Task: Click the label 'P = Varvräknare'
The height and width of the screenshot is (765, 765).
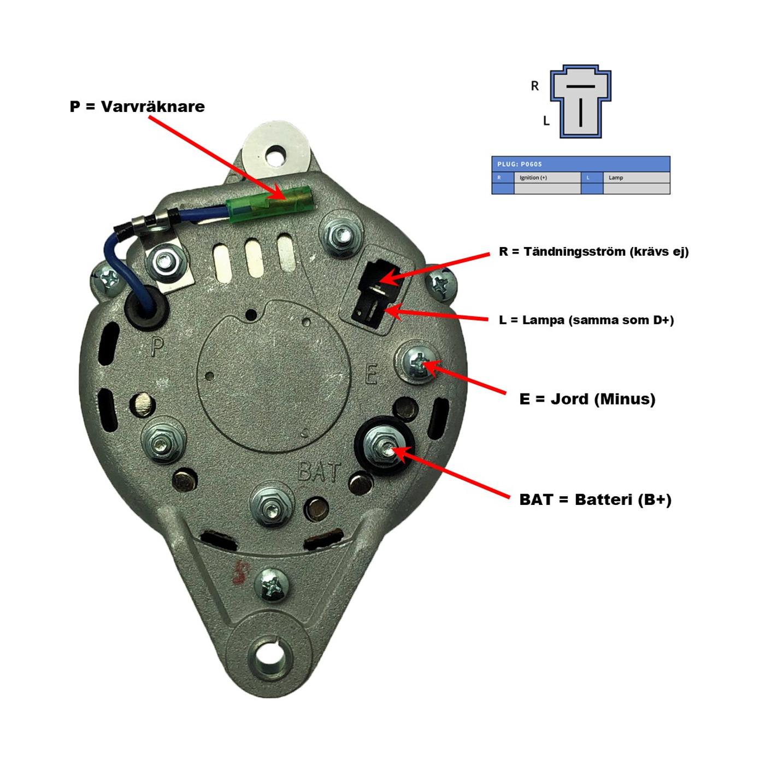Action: (x=137, y=107)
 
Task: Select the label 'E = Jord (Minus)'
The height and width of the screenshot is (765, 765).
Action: (x=587, y=399)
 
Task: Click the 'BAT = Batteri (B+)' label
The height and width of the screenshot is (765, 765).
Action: (x=595, y=499)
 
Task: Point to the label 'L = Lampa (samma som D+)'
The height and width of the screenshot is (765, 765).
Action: (x=586, y=320)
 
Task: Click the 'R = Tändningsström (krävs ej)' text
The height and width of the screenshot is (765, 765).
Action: (x=594, y=252)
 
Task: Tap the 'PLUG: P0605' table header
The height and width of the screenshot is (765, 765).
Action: (x=581, y=164)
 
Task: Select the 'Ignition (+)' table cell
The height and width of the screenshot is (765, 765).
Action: (x=548, y=178)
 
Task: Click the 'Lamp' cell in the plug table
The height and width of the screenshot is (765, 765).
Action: (x=637, y=178)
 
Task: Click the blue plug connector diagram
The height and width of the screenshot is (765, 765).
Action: (x=580, y=102)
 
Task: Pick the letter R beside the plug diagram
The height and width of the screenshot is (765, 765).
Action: (x=535, y=86)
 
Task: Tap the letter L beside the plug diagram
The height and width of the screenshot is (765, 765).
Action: (x=546, y=121)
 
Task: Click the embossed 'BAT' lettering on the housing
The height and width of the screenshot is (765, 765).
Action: (x=320, y=472)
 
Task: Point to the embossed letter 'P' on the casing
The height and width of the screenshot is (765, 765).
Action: (x=157, y=348)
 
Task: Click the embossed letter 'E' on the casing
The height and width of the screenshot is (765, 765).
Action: (x=371, y=374)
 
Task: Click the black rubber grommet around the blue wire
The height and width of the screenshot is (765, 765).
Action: (x=146, y=308)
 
